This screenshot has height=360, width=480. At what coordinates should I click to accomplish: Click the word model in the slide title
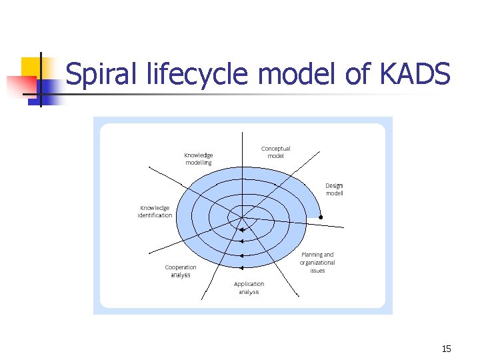pyautogui.click(x=297, y=74)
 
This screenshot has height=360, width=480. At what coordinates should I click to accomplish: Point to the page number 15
pyautogui.click(x=447, y=349)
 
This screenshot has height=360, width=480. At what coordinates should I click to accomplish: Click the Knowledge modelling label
pyautogui.click(x=199, y=159)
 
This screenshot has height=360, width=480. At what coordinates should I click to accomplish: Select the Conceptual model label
pyautogui.click(x=275, y=152)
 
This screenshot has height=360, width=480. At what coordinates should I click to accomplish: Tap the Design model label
pyautogui.click(x=334, y=189)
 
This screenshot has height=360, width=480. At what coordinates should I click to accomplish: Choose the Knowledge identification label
pyautogui.click(x=155, y=211)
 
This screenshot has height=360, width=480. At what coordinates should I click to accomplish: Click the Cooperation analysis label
pyautogui.click(x=181, y=271)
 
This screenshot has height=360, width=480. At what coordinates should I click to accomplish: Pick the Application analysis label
pyautogui.click(x=249, y=288)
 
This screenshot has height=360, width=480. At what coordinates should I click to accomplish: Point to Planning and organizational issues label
pyautogui.click(x=317, y=262)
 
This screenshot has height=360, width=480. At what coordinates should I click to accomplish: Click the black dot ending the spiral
pyautogui.click(x=321, y=217)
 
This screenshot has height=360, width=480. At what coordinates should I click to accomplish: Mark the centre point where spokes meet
pyautogui.click(x=241, y=217)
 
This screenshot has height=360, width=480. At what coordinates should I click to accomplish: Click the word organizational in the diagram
pyautogui.click(x=317, y=263)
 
